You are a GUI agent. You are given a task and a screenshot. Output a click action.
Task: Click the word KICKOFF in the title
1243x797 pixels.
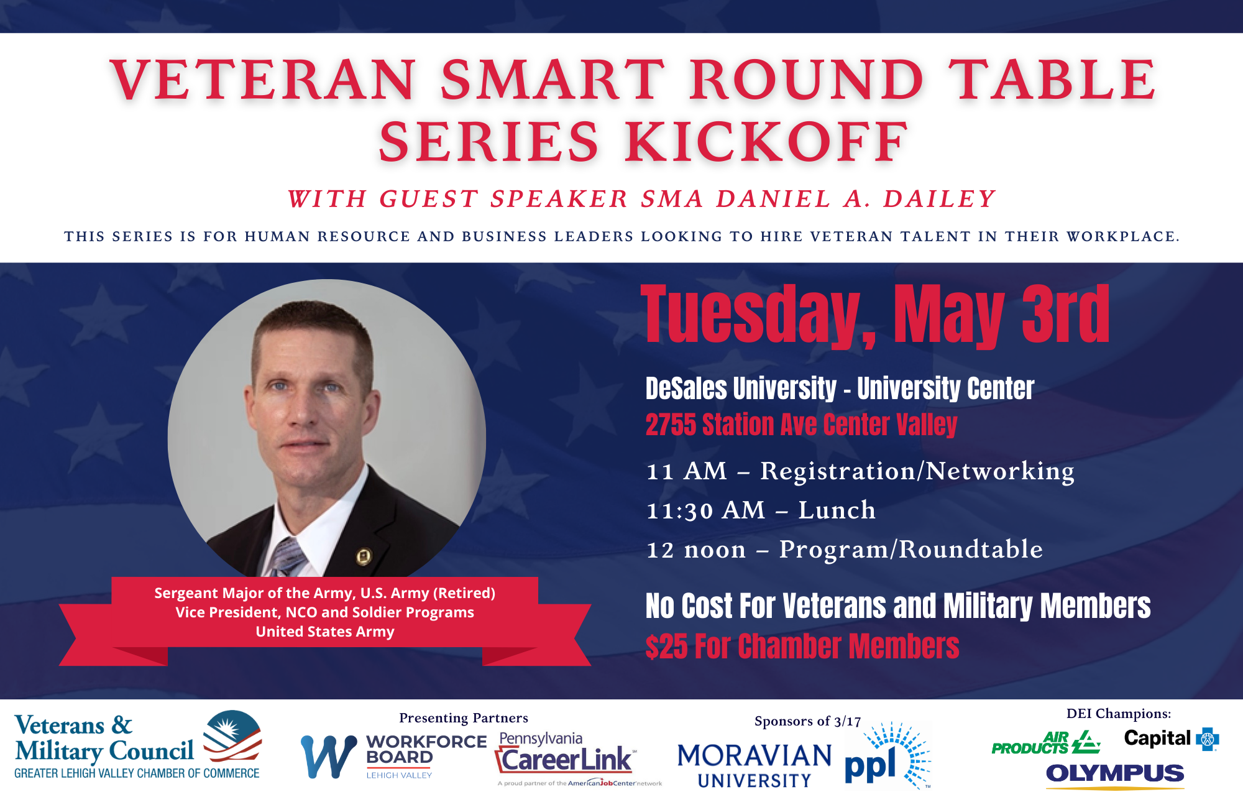click(x=767, y=142)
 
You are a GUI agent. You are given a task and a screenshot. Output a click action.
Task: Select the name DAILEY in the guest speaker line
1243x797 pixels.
click(x=939, y=199)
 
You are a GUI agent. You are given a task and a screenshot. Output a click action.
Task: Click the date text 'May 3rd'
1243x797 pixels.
click(x=1001, y=314)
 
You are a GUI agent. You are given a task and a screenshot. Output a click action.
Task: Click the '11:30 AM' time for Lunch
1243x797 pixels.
click(x=705, y=510)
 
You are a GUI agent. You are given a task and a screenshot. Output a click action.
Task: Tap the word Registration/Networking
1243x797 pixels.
click(x=917, y=471)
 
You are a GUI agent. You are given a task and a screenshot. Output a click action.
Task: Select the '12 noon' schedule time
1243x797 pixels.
click(x=696, y=550)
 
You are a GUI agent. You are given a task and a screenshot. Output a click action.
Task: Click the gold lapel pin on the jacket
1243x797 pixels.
click(x=364, y=556)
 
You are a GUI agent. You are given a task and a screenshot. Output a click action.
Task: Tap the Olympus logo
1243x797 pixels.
click(x=1115, y=775)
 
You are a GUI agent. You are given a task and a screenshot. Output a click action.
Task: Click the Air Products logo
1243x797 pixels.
click(x=1045, y=742)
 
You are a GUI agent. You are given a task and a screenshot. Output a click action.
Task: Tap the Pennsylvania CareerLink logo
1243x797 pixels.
click(x=578, y=758)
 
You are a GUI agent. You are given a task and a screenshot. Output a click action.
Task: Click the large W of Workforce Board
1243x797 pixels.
click(x=329, y=757)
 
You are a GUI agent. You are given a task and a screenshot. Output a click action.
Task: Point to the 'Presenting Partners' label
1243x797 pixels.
click(x=464, y=718)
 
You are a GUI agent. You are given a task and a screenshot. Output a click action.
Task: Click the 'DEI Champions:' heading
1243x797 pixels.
click(x=1119, y=714)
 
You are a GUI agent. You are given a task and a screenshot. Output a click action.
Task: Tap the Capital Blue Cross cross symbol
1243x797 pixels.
click(x=1208, y=739)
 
